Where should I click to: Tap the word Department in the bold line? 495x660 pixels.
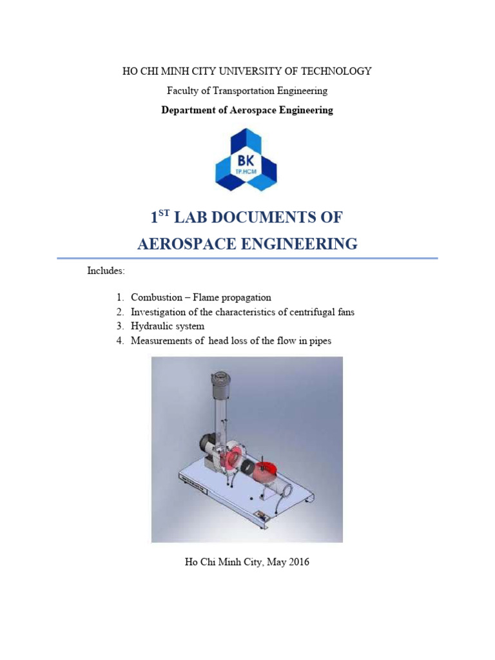(x=189, y=110)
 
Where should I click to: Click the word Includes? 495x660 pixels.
(x=105, y=271)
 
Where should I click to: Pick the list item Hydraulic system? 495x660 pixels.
(x=168, y=326)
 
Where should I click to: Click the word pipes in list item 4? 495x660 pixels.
(x=320, y=340)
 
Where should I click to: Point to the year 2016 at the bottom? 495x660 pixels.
(x=298, y=562)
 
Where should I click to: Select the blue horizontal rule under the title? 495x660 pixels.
(x=247, y=258)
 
